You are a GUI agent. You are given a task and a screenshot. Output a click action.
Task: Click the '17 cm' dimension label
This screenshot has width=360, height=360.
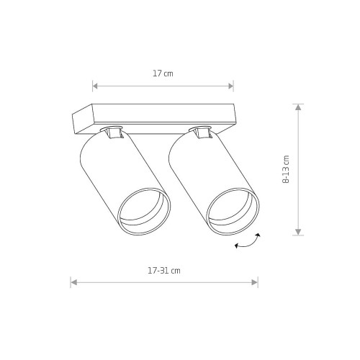(163, 73)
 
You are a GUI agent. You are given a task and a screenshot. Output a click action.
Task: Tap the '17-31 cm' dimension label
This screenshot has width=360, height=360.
(164, 271)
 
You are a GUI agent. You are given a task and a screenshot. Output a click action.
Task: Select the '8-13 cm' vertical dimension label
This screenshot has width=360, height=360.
(286, 169)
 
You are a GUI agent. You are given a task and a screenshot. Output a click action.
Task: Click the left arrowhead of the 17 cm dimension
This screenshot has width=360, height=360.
(95, 86)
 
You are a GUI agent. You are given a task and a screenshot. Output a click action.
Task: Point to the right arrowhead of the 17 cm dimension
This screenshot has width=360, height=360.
(231, 86)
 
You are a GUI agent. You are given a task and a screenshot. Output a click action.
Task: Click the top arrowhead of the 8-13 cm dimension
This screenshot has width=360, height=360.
(298, 107)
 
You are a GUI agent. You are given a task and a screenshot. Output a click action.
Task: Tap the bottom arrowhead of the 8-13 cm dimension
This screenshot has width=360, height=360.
(298, 232)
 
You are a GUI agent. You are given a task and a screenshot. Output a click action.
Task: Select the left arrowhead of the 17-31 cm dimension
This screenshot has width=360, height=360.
(73, 282)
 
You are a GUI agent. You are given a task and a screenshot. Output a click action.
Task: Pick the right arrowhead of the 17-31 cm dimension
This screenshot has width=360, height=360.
(255, 282)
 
